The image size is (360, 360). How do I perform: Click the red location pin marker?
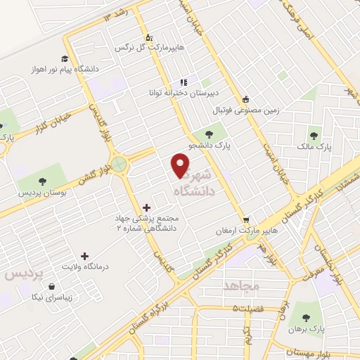point(181,165)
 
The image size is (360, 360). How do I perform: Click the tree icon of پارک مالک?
point(314,136)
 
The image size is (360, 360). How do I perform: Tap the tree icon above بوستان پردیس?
point(42,179)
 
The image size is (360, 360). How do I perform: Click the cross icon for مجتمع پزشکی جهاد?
point(146,207)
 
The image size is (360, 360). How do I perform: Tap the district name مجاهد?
point(241,284)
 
